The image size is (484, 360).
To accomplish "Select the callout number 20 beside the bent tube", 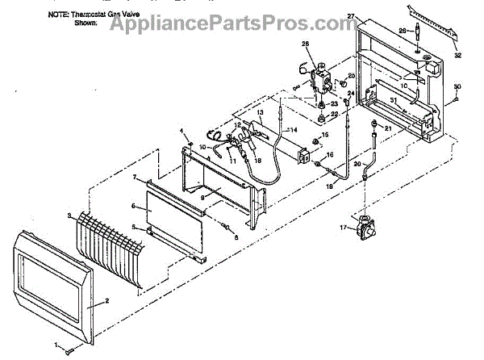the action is tap(356, 164).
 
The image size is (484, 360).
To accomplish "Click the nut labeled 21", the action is tap(375, 123).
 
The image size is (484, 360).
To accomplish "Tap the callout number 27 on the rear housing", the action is tap(351, 16).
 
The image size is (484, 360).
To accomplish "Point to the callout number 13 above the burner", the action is tap(261, 111).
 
